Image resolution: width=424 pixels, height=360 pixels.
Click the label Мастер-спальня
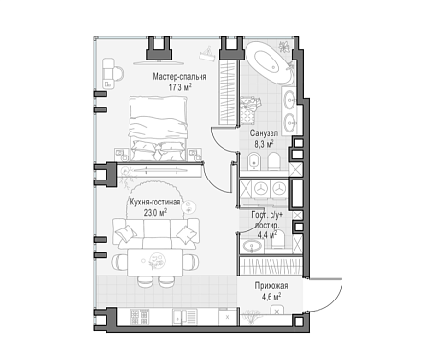tap(179, 77)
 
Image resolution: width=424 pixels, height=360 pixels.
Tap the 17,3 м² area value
tap(180, 87)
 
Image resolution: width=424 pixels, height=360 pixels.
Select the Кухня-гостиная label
tap(155, 203)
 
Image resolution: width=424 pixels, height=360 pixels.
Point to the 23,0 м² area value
tap(155, 213)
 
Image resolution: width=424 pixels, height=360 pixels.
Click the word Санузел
tap(264, 133)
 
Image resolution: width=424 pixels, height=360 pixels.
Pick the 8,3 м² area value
tap(264, 144)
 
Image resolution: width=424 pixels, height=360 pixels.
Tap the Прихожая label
tap(271, 285)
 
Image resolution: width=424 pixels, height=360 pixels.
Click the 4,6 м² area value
tap(271, 297)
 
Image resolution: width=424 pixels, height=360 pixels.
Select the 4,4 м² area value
tap(267, 235)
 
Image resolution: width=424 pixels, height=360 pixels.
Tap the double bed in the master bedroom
tap(157, 128)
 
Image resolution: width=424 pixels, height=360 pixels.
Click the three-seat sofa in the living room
tap(155, 233)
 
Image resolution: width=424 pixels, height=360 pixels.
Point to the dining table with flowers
tap(155, 263)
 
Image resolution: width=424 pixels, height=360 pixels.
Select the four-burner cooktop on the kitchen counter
tap(139, 318)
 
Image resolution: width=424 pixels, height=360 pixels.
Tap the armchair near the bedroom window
tap(112, 73)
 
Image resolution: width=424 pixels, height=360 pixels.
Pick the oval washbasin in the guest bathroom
tap(252, 247)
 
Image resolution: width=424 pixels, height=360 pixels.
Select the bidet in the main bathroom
tap(255, 161)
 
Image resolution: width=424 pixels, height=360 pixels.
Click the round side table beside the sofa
tap(189, 206)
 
